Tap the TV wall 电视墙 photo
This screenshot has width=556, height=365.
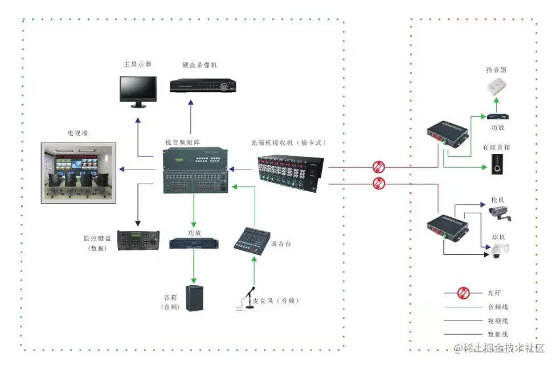[79, 173]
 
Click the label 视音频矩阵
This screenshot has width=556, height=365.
[182, 142]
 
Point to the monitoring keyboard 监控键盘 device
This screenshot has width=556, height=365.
[137, 240]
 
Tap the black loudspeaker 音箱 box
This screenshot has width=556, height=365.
[194, 298]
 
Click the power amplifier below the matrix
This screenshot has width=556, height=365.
[194, 243]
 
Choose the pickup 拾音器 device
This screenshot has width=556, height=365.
[496, 87]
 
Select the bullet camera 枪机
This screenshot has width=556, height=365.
[500, 213]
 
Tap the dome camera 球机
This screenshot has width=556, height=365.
[499, 250]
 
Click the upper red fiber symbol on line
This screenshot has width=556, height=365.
[378, 167]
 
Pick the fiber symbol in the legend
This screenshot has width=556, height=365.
[463, 293]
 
